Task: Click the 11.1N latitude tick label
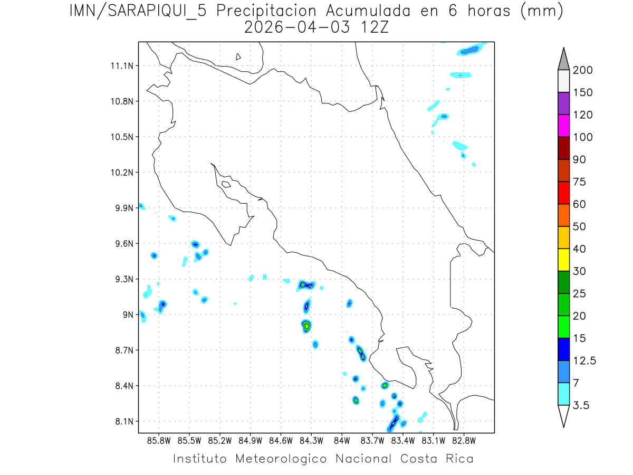(x=121, y=66)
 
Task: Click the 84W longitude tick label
(x=342, y=440)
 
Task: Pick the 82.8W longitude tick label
(x=464, y=440)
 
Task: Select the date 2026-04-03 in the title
(x=297, y=28)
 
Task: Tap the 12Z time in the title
(x=373, y=28)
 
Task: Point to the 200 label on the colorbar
(x=582, y=71)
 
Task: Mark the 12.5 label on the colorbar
(x=585, y=361)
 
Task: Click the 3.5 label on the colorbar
(x=581, y=405)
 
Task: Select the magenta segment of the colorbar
(x=563, y=126)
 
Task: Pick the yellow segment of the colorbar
(x=563, y=260)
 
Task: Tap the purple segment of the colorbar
(x=563, y=104)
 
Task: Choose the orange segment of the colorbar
(x=563, y=215)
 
